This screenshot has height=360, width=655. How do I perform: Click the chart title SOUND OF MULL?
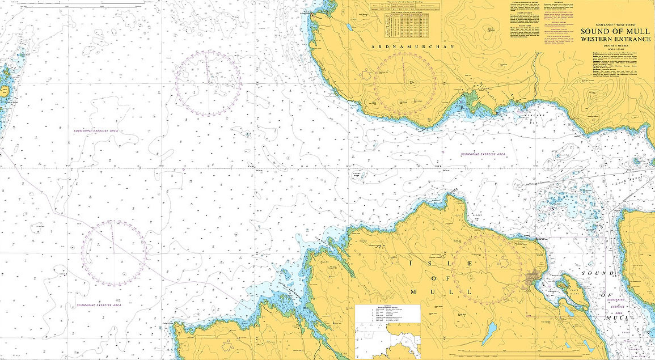pos(614,31)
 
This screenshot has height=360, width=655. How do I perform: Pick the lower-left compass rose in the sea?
pos(114,252)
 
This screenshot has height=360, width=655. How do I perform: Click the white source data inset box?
pos(387,332)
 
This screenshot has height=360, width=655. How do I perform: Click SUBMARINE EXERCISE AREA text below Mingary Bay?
pos(483,154)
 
